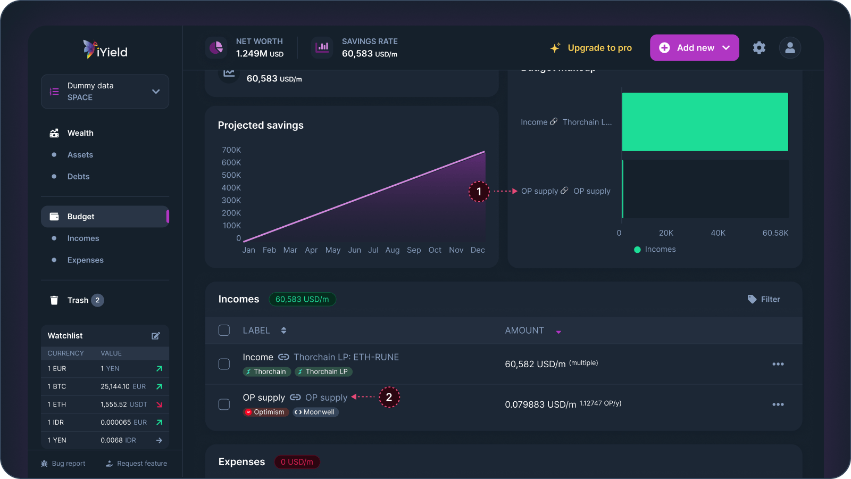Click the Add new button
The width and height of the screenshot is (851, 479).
[694, 48]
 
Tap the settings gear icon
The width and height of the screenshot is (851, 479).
[759, 48]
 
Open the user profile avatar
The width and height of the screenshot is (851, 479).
[790, 48]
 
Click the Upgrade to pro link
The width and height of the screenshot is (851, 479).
[591, 48]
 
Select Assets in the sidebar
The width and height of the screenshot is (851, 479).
[80, 155]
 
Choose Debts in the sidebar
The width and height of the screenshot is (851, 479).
[78, 177]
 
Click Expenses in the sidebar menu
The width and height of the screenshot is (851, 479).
[85, 260]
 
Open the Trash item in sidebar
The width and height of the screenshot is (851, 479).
[78, 300]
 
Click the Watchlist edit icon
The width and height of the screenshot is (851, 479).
[156, 336]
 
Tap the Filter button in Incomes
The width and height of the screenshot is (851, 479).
[764, 300]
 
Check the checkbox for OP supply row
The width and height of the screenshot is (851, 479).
[224, 404]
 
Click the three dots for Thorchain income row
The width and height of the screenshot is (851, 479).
[778, 364]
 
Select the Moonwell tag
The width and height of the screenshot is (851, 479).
[315, 412]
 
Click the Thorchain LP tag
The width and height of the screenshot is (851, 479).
[323, 371]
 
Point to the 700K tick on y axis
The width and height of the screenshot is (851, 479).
[231, 150]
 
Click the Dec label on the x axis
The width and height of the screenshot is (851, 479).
[478, 250]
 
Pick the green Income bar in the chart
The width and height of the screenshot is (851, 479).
[705, 122]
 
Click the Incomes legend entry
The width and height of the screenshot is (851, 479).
[655, 249]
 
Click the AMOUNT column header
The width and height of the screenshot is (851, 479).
[524, 331]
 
